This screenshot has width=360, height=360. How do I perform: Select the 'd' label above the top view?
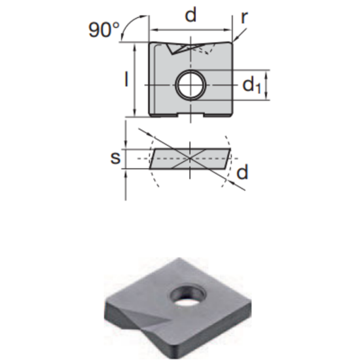click(x=190, y=15)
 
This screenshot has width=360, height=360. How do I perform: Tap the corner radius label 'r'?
click(x=245, y=17)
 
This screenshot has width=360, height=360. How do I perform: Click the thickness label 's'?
click(x=114, y=158)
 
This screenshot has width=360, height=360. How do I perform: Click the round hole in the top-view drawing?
click(x=190, y=84)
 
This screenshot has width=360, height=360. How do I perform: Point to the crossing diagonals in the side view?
click(x=190, y=158)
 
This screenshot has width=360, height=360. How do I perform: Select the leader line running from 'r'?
click(x=237, y=33)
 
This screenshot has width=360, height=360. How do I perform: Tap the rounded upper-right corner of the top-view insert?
click(x=230, y=45)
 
